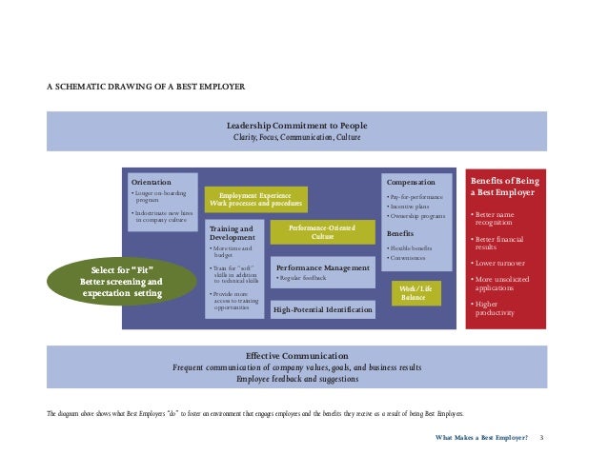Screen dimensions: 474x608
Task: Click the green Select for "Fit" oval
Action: coord(121,281)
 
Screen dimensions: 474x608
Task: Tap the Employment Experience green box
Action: coord(256,199)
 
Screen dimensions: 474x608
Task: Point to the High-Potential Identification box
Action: coord(323,309)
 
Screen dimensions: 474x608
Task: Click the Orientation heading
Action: coord(152,182)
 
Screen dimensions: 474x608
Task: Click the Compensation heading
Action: coord(411,182)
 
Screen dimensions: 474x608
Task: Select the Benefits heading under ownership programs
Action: coord(400,233)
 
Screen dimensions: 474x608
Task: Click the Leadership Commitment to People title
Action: coord(297,126)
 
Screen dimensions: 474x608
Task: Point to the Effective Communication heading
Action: coord(297,355)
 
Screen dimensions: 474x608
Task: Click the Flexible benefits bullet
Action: coord(412,247)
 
